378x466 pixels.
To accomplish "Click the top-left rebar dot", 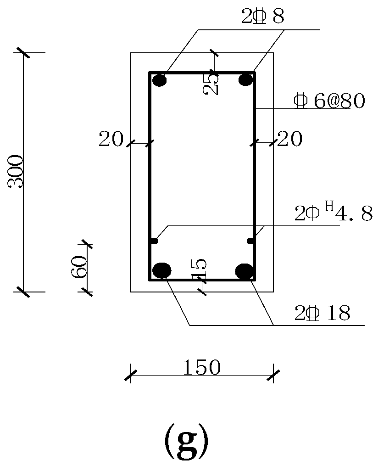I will pos(160,81).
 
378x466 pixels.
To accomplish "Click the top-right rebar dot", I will pos(246,80).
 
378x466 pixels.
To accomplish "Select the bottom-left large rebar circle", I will pos(161,270).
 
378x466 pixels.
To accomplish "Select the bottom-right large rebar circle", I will pos(245,271).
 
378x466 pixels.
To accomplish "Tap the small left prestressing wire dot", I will pos(155,241).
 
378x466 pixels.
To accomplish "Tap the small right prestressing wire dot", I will pos(250,241).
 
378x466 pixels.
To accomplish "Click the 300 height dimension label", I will pos(16,172).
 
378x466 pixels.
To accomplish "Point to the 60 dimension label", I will pos(79,266).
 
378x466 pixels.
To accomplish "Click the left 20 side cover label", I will pos(111,139).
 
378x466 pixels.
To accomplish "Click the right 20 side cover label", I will pos(290,139).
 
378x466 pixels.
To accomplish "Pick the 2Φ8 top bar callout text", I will pos(262,17).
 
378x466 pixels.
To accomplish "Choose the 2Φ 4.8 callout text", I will pos(333,214).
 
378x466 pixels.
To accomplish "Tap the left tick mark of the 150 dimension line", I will pos(131,375).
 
